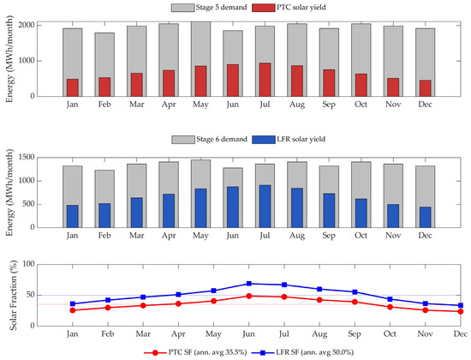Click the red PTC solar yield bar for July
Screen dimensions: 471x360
(265, 80)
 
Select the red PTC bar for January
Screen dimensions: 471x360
(73, 87)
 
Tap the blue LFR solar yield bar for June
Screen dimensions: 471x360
(233, 207)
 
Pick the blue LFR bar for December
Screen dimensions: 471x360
(425, 217)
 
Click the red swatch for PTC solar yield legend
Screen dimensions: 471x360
(264, 8)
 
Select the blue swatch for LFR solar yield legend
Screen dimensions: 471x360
(264, 140)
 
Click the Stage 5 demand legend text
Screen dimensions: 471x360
(222, 8)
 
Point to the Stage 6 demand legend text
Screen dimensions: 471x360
(222, 139)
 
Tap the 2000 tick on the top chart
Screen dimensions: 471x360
(27, 25)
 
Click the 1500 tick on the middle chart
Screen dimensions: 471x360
(27, 158)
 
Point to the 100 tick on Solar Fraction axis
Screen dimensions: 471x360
(29, 264)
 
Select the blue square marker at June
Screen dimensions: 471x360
(248, 284)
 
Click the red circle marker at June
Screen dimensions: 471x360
(248, 297)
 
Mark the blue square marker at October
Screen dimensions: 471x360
(390, 299)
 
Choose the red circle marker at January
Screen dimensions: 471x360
(73, 310)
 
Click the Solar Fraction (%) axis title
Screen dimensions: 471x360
(13, 296)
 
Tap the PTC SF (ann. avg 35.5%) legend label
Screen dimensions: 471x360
(207, 352)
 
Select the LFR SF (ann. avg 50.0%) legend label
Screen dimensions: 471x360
(315, 352)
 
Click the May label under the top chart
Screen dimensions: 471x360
(200, 105)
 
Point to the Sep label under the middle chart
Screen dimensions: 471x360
(329, 236)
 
